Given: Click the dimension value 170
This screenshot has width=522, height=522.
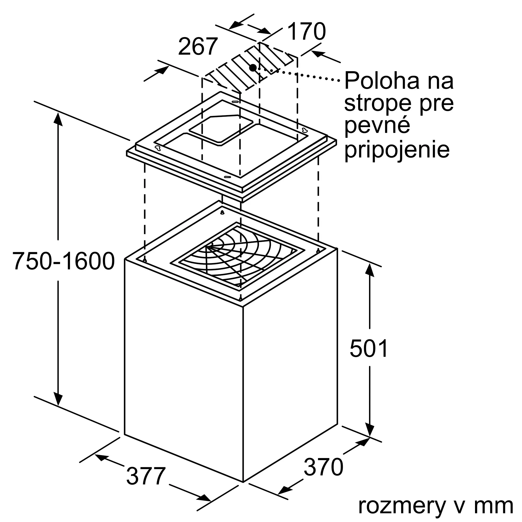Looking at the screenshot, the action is point(306,32).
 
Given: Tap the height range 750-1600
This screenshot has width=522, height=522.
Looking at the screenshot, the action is point(64,261).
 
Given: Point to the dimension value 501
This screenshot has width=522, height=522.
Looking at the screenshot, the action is point(369,349).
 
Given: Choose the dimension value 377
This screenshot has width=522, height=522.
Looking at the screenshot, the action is point(146,476).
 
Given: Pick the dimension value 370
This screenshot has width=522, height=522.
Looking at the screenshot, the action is point(323,467).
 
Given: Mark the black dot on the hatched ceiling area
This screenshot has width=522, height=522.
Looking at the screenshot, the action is point(253,68).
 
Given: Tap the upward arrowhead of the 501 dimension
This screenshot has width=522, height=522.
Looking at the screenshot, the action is point(369,270).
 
